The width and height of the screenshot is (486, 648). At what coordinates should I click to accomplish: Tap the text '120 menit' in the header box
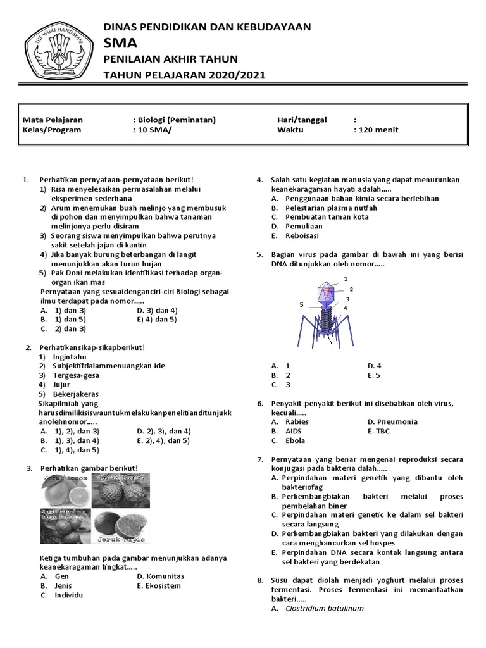coord(378,130)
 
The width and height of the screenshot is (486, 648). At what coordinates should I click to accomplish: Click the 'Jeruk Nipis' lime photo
coord(121,526)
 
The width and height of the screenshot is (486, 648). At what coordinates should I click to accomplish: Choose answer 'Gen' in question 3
coord(61,576)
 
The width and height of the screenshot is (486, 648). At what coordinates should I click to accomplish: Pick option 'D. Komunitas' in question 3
coord(160,576)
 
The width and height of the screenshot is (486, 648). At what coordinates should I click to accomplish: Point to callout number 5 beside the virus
coord(302,305)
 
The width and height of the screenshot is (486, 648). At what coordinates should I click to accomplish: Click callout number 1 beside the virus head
coord(346,278)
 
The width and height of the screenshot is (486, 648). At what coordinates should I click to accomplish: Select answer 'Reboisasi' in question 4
coord(302,235)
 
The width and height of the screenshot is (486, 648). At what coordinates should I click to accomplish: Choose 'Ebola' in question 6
coord(295,440)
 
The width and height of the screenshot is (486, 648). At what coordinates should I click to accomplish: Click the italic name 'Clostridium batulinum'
coord(324,609)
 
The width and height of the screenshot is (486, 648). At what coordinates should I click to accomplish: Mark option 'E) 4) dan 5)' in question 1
coord(157,320)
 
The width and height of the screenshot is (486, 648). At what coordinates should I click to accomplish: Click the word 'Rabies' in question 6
coord(297,421)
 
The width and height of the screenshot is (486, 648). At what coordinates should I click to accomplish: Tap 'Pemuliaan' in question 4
coord(304,226)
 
